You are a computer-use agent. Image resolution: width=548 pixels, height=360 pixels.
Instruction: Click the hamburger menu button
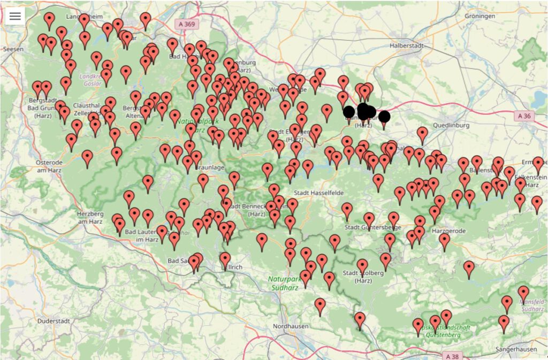click(x=15, y=16)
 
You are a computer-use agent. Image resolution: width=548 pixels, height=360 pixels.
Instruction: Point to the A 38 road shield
click(x=452, y=355)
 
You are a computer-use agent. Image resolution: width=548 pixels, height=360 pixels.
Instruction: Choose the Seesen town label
click(x=13, y=49)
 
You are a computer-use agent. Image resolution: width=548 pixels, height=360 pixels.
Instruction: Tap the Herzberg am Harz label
click(x=89, y=217)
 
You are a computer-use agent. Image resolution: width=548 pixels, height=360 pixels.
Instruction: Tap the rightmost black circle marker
click(x=384, y=117)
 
